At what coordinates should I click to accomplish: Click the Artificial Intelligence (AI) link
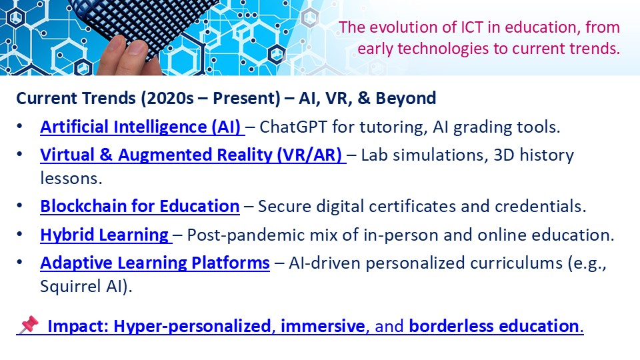(x=141, y=127)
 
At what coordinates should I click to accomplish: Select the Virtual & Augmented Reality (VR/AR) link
(x=191, y=155)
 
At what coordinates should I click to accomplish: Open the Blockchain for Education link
(x=139, y=206)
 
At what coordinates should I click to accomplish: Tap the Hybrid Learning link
(x=104, y=235)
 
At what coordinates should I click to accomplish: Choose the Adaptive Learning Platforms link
(x=155, y=263)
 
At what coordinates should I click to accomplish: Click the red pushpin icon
(x=29, y=325)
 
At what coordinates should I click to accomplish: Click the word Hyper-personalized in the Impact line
(x=192, y=326)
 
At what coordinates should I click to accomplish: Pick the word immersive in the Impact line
(x=323, y=326)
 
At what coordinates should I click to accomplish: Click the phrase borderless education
(x=494, y=326)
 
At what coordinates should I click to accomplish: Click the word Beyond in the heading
(x=406, y=99)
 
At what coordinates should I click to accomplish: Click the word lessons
(x=71, y=179)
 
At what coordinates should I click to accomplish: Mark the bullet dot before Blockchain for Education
(x=19, y=206)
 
